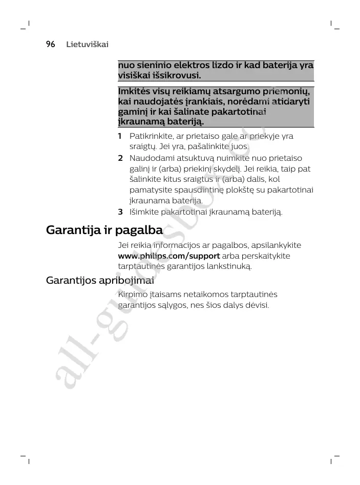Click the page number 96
[50, 45]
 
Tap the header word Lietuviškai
[87, 45]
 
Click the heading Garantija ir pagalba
[104, 230]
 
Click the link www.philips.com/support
[169, 256]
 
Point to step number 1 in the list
[120, 136]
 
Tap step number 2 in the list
[120, 158]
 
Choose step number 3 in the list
[120, 212]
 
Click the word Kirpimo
[132, 294]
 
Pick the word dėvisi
[257, 305]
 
